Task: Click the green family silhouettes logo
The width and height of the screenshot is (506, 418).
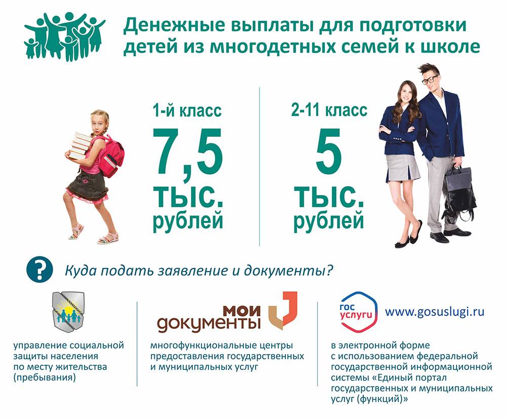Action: coord(65,36)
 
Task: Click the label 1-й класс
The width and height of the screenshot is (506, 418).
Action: coord(187,110)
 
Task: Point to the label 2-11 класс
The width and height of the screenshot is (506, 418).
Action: coord(329,110)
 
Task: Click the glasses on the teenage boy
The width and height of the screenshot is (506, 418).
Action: coord(430,80)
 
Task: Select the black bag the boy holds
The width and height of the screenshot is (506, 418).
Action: coord(459,194)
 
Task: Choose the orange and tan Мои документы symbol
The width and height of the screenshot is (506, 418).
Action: coord(283,310)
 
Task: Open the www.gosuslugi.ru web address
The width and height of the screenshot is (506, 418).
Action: coord(435,312)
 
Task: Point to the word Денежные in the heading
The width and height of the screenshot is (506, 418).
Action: coord(174,25)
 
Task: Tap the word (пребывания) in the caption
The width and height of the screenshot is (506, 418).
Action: coord(45,377)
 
